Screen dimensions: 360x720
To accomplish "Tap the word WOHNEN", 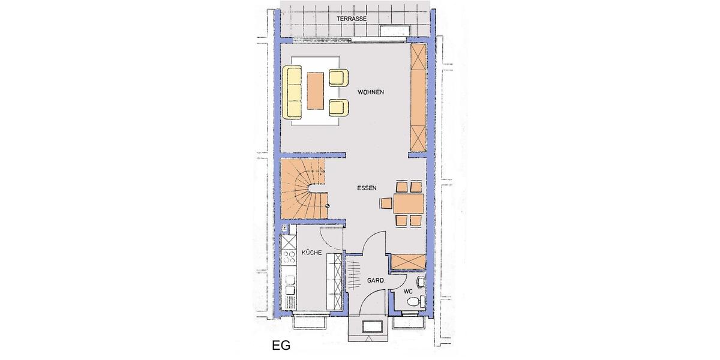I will (x=370, y=92).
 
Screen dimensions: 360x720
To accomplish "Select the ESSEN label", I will (x=367, y=188).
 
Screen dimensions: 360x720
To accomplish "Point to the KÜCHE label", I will (x=312, y=253).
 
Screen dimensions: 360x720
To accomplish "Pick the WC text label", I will (x=408, y=292).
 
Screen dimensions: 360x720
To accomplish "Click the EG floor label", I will (x=281, y=346).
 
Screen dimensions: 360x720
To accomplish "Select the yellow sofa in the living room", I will (x=293, y=92).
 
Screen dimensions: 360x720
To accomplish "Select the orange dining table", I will (x=409, y=203).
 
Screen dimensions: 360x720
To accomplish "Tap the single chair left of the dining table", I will (x=386, y=203).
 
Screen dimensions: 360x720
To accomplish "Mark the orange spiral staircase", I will (x=304, y=189).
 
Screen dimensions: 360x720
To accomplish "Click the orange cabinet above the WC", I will (x=407, y=261).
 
